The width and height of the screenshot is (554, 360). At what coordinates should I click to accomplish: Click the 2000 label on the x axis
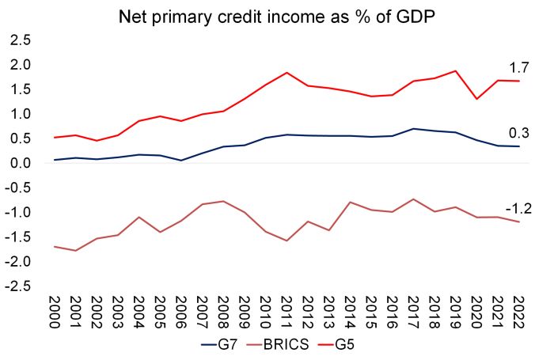55,313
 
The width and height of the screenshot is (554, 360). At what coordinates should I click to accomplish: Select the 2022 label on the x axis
518,313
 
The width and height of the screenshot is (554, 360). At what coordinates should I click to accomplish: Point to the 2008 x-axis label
223,313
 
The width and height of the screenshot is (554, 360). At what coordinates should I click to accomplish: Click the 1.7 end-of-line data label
518,68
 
